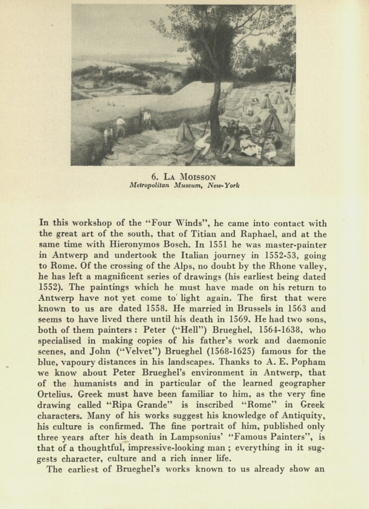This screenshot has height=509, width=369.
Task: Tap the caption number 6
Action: click(x=154, y=176)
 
